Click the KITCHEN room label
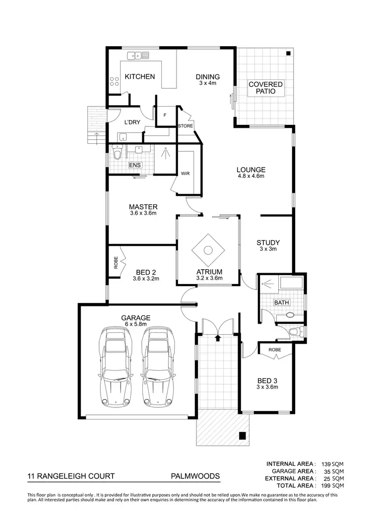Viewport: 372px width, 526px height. pyautogui.click(x=139, y=77)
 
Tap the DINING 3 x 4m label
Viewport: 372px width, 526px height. pyautogui.click(x=207, y=79)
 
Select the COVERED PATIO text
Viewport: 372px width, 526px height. pyautogui.click(x=265, y=88)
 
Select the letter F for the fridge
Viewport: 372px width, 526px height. pyautogui.click(x=165, y=115)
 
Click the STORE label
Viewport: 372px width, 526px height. pyautogui.click(x=185, y=126)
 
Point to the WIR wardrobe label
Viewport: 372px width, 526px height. pyautogui.click(x=185, y=174)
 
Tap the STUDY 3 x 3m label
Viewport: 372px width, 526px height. pyautogui.click(x=268, y=245)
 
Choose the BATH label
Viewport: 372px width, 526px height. pyautogui.click(x=281, y=302)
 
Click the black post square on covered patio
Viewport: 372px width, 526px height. pyautogui.click(x=288, y=53)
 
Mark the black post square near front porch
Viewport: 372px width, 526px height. pyautogui.click(x=242, y=436)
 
